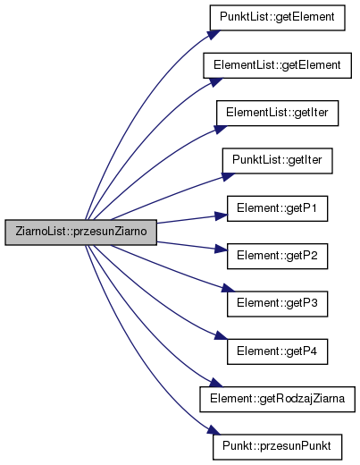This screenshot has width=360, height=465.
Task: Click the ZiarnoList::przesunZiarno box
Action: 80,232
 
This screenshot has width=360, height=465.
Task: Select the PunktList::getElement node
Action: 277,18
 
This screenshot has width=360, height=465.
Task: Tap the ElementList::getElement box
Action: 277,65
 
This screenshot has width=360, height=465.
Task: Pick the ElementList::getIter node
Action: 277,114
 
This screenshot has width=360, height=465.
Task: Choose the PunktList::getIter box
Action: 277,161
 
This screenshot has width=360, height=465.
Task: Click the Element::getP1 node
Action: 277,208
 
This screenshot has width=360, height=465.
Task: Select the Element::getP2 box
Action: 277,257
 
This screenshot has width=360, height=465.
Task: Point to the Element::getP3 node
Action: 277,304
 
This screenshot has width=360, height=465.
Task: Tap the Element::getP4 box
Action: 277,351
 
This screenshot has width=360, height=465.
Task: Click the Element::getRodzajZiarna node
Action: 277,400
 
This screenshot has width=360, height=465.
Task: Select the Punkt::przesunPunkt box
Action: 277,447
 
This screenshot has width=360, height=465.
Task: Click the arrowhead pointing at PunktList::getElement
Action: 214,34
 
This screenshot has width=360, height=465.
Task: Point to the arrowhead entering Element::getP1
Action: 221,216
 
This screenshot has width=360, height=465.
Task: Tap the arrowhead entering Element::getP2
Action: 221,249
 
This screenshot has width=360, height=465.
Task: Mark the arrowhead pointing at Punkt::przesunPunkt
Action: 214,430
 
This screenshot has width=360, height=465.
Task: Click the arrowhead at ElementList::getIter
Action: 221,129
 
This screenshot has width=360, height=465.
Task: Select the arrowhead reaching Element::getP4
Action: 221,335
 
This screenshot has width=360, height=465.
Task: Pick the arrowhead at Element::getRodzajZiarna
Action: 216,383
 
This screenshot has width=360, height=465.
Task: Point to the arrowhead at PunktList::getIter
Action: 229,176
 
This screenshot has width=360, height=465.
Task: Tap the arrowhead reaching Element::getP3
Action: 229,289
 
